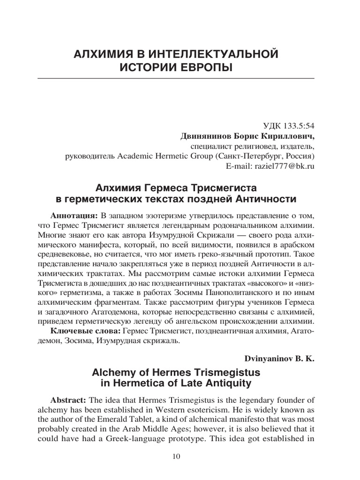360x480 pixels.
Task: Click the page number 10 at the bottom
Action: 180,457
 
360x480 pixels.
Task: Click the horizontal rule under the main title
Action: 180,77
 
